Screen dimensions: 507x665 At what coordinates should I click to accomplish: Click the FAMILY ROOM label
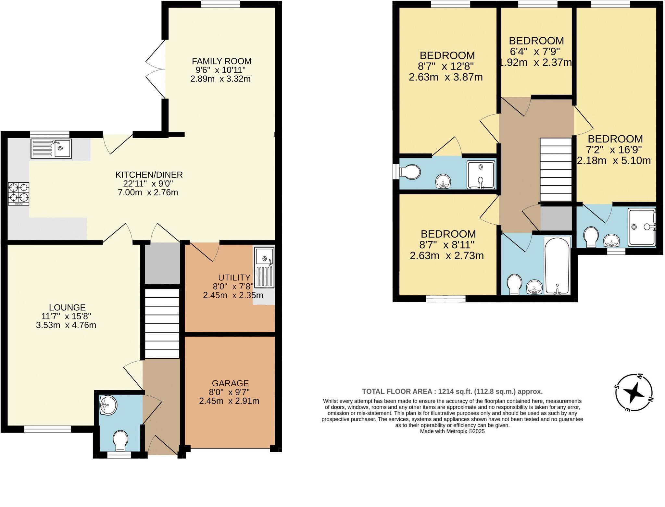pos(221,61)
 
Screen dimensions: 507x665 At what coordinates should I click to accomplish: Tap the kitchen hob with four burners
pos(19,193)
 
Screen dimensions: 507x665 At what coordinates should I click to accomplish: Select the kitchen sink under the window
pos(51,148)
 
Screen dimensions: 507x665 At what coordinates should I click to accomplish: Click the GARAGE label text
pos(230,383)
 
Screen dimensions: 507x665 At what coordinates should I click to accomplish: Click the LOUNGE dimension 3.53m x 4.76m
pos(66,325)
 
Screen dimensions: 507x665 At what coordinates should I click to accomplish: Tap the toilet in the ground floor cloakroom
pos(120,440)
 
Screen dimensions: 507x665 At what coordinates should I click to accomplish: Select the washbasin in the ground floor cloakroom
pos(108,405)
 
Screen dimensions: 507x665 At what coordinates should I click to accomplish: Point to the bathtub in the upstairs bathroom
pos(557,266)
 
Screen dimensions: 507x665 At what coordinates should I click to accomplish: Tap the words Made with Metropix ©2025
pos(452,431)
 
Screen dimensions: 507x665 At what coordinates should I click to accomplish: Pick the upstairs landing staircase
pos(556,169)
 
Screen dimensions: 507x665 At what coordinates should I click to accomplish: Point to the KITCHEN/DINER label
pos(149,175)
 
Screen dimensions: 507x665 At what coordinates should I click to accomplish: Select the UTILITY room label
pos(234,278)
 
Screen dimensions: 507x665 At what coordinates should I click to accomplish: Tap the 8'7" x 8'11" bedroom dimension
pos(448,244)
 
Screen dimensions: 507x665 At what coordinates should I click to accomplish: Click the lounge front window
pos(47,429)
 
